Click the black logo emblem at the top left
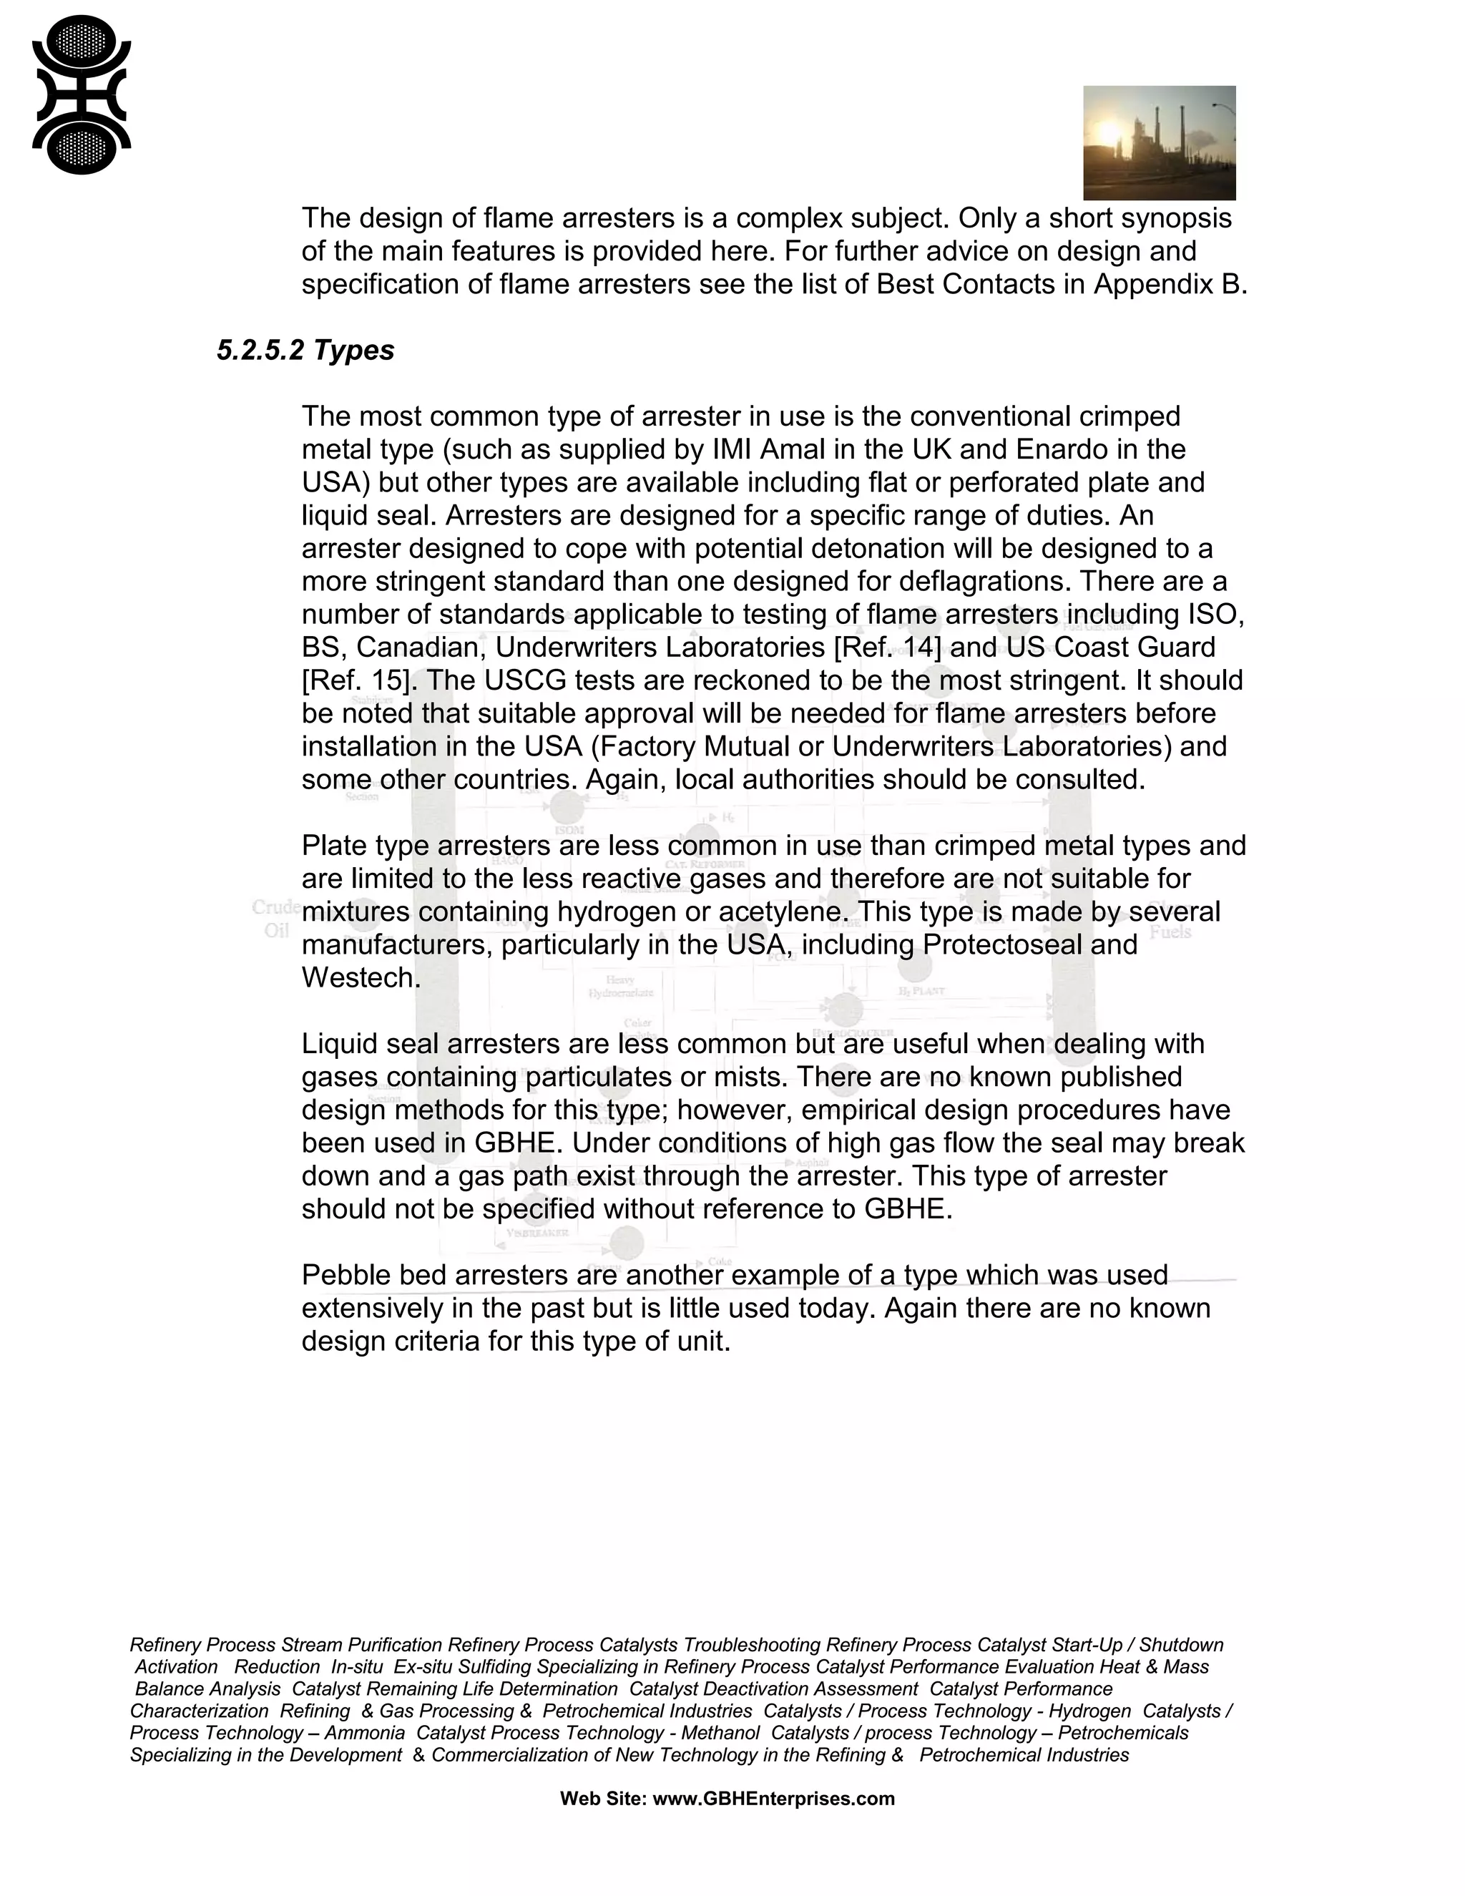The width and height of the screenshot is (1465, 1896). (81, 95)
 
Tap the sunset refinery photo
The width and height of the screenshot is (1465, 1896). (1159, 142)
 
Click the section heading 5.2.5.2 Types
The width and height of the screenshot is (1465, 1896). (305, 350)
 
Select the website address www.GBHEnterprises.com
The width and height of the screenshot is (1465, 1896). (773, 1799)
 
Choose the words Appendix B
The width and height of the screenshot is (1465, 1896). (1170, 284)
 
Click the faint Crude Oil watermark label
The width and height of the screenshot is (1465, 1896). (276, 919)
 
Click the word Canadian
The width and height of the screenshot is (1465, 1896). (414, 647)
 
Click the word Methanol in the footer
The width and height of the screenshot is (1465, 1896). (720, 1733)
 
